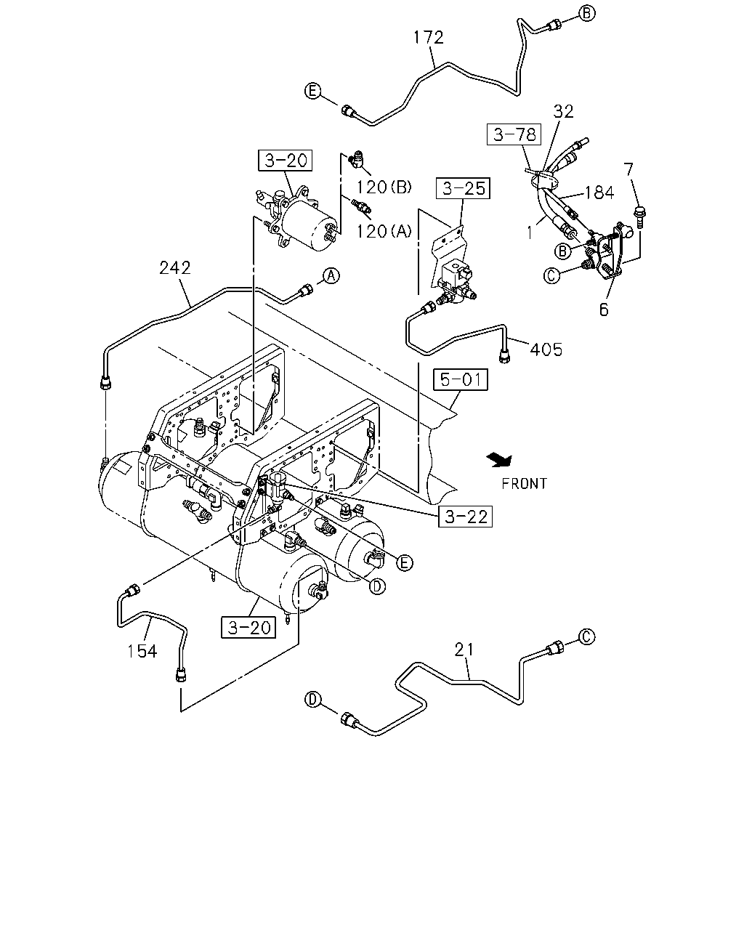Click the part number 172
click(429, 38)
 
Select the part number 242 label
click(175, 268)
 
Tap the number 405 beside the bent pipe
click(546, 349)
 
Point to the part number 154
click(142, 651)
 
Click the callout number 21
click(464, 649)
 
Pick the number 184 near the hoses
click(599, 193)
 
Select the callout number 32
click(564, 111)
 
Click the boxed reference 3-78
click(514, 134)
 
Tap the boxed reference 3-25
click(463, 188)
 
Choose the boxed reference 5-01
click(461, 379)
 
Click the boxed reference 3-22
click(465, 516)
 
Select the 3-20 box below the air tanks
click(248, 627)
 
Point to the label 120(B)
click(384, 187)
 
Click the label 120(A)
click(384, 231)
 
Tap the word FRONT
click(525, 484)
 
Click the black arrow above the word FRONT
click(500, 460)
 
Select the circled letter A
click(331, 275)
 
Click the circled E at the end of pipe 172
click(312, 92)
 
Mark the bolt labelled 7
click(639, 215)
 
